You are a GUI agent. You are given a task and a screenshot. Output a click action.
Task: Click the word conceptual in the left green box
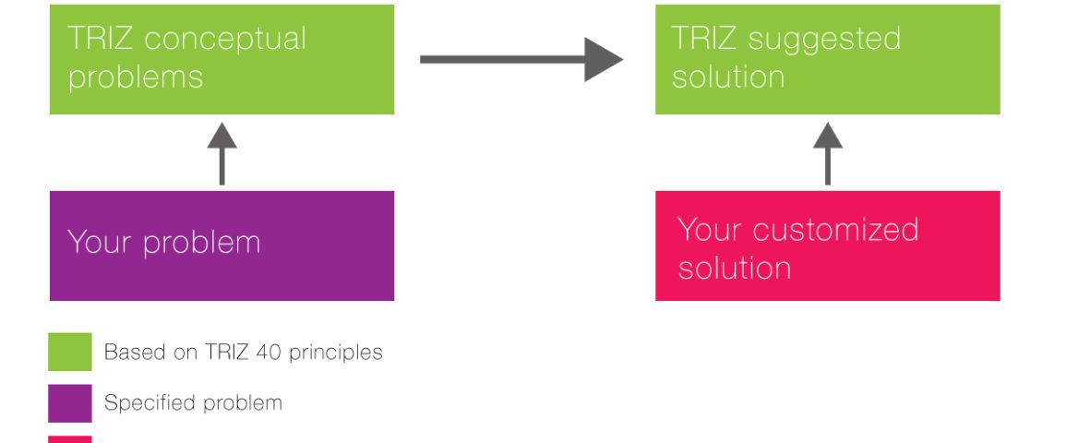pyautogui.click(x=225, y=38)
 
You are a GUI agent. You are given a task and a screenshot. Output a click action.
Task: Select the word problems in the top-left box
pyautogui.click(x=136, y=76)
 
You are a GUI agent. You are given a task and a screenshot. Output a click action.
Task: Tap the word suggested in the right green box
pyautogui.click(x=824, y=40)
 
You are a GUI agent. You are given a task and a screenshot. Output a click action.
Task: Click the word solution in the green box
pyautogui.click(x=728, y=76)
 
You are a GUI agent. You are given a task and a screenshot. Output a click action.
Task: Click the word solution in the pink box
pyautogui.click(x=735, y=267)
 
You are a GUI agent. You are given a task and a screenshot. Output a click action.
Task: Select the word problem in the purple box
pyautogui.click(x=202, y=244)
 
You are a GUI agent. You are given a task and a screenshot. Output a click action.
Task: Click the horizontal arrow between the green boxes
pyautogui.click(x=521, y=60)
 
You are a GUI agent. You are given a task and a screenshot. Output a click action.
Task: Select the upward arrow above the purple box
pyautogui.click(x=222, y=153)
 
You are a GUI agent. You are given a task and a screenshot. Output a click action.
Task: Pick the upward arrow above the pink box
pyautogui.click(x=827, y=153)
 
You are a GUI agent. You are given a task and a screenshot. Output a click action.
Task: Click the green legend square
pyautogui.click(x=70, y=352)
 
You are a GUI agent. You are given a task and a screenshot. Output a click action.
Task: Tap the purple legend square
pyautogui.click(x=70, y=403)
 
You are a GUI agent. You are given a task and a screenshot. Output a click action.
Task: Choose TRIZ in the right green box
pyautogui.click(x=704, y=38)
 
